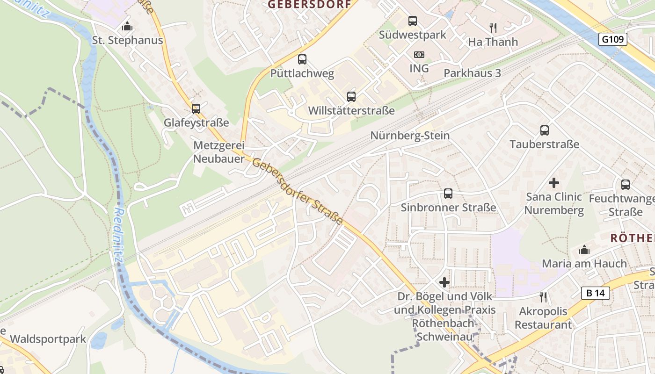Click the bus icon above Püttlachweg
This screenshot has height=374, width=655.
(x=302, y=59)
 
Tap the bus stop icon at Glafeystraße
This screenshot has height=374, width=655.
(x=196, y=108)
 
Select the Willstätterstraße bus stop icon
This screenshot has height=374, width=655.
(x=351, y=97)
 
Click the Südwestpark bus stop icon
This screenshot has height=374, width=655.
(x=412, y=21)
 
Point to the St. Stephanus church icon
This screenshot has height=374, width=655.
(x=127, y=26)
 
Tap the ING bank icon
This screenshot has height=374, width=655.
(x=419, y=55)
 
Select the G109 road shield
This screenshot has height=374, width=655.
(x=612, y=39)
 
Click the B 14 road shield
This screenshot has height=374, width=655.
(x=596, y=293)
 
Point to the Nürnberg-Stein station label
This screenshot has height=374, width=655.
(x=410, y=136)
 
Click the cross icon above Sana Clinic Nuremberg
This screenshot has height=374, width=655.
(x=554, y=182)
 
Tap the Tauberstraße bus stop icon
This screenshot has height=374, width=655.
(x=544, y=130)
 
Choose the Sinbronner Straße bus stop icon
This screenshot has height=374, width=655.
(x=448, y=193)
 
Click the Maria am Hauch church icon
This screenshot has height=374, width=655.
(x=584, y=250)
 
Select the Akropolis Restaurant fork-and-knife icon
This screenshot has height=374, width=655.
(x=543, y=297)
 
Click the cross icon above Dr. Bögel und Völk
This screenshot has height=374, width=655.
(x=444, y=282)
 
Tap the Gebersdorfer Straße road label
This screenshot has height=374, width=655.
(x=298, y=192)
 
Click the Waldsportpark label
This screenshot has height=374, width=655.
(x=48, y=339)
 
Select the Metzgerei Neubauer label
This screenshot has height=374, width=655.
(x=219, y=152)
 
